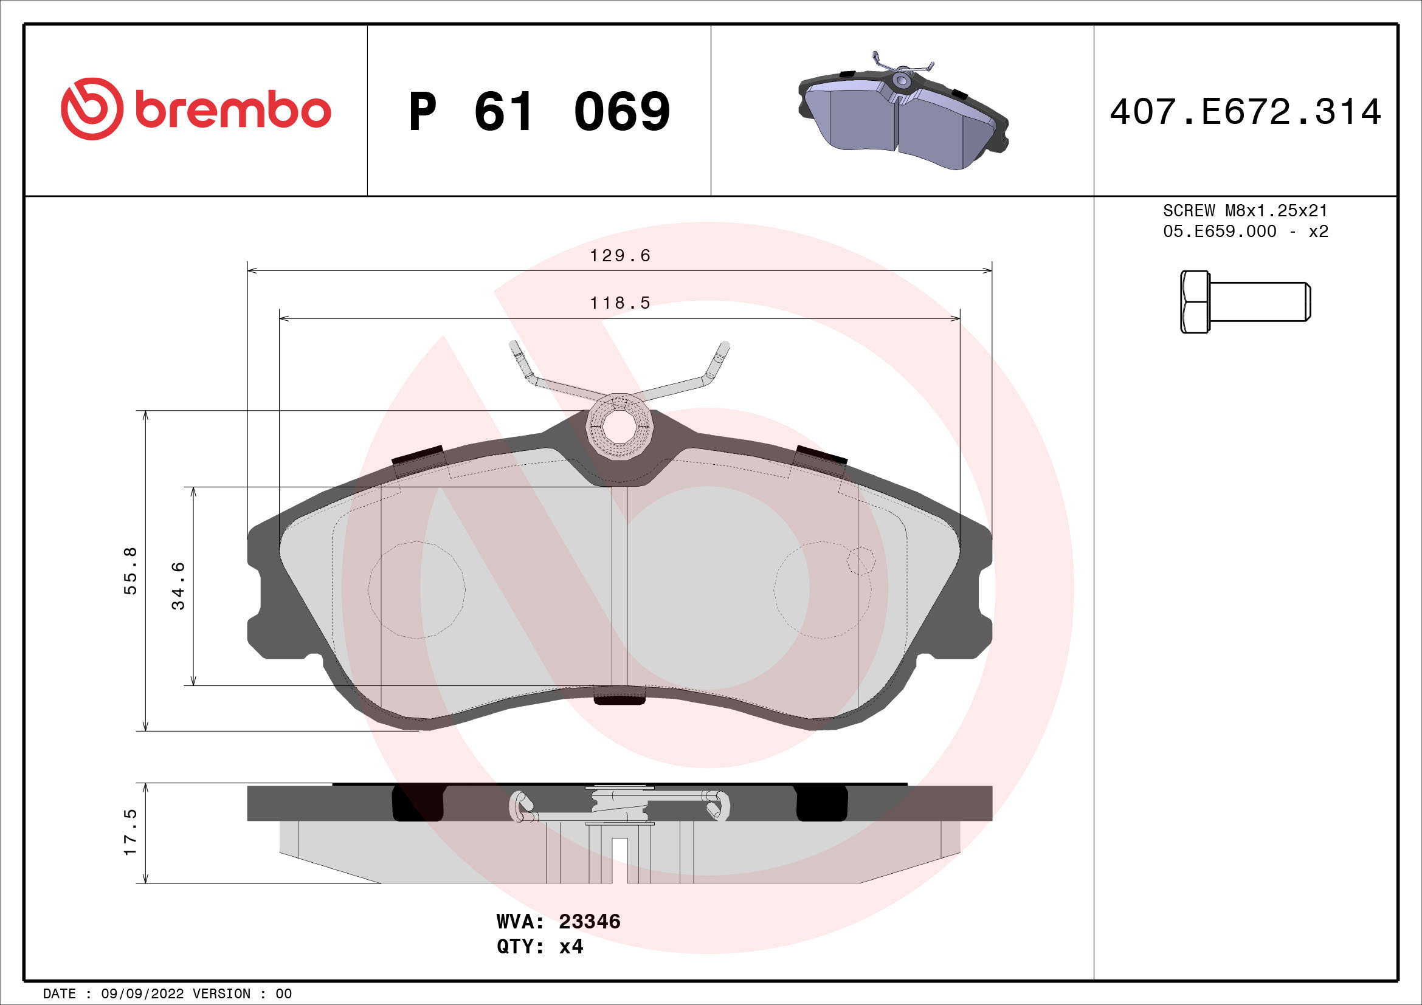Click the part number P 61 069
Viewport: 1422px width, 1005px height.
pyautogui.click(x=539, y=112)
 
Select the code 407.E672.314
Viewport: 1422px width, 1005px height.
pyautogui.click(x=1245, y=112)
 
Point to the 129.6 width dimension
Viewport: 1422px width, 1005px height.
pyautogui.click(x=620, y=256)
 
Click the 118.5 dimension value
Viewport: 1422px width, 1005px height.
pyautogui.click(x=620, y=303)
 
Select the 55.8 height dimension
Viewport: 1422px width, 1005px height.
pyautogui.click(x=131, y=571)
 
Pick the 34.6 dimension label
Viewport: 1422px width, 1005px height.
pyautogui.click(x=178, y=585)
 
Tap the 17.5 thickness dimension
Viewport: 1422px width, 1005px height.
pyautogui.click(x=131, y=832)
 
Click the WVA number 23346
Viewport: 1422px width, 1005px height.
pyautogui.click(x=589, y=922)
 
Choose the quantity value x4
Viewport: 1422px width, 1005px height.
pyautogui.click(x=571, y=947)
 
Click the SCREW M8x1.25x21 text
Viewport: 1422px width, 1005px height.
pyautogui.click(x=1245, y=210)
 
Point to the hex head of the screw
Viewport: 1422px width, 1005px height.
pyautogui.click(x=1194, y=302)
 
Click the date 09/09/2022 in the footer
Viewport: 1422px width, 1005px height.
pyautogui.click(x=142, y=994)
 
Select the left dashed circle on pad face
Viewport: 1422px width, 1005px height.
pyautogui.click(x=416, y=590)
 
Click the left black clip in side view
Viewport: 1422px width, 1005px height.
pyautogui.click(x=418, y=803)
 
